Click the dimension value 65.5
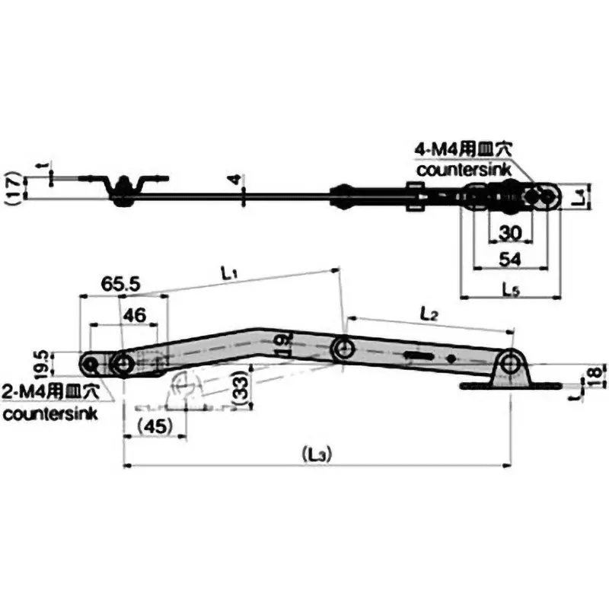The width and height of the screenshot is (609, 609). click(x=120, y=285)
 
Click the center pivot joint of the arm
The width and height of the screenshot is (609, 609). click(x=343, y=349)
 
